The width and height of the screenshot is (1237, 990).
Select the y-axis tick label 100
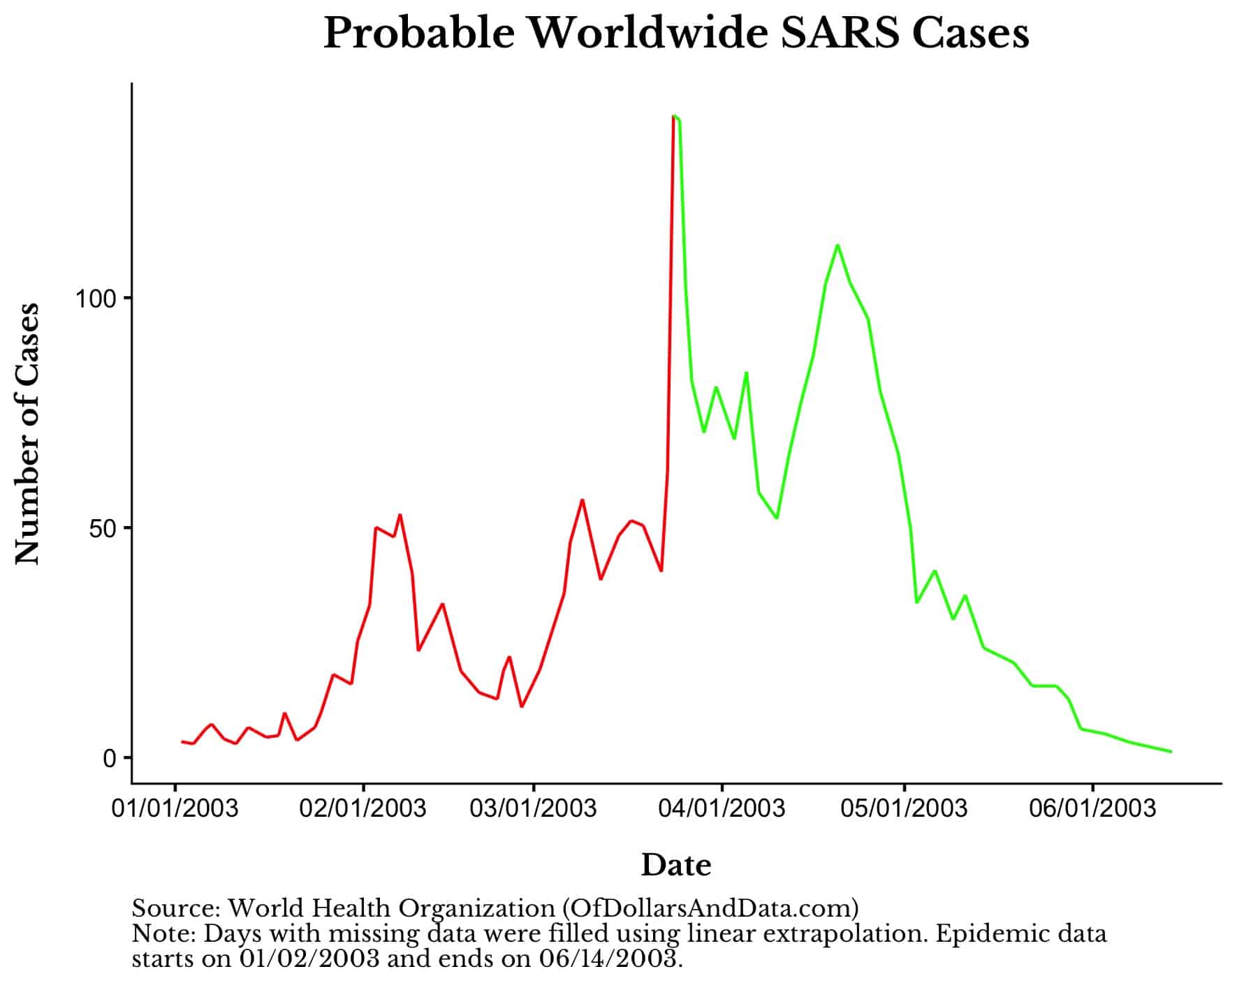(x=95, y=299)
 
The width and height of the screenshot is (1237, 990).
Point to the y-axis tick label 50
(x=102, y=529)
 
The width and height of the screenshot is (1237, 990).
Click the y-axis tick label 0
(x=110, y=759)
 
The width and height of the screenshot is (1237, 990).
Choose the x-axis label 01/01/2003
(x=175, y=809)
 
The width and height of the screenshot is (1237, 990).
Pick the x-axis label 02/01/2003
(x=363, y=809)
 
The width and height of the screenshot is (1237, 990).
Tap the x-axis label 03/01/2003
(x=534, y=809)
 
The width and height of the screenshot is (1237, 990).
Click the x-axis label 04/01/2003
(x=722, y=809)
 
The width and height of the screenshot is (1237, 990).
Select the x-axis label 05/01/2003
(x=905, y=809)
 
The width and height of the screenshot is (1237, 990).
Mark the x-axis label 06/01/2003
(x=1093, y=809)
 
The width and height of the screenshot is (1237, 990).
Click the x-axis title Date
(x=675, y=865)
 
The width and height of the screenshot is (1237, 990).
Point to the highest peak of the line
(x=674, y=116)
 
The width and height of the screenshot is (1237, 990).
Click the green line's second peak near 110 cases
(x=837, y=245)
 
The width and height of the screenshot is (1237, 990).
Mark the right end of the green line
(x=1171, y=752)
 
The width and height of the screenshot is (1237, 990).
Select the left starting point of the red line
(x=182, y=741)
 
